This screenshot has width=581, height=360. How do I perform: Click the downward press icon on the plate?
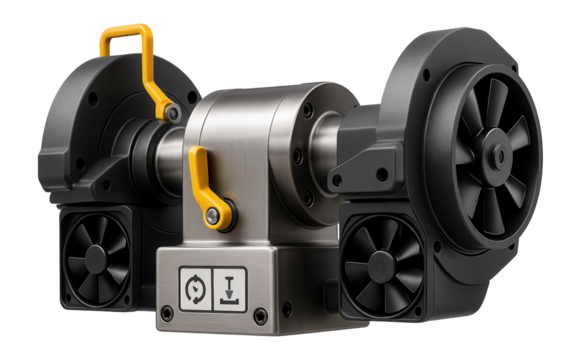[x=229, y=286]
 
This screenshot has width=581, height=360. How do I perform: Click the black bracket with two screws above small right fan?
[x=365, y=180]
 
